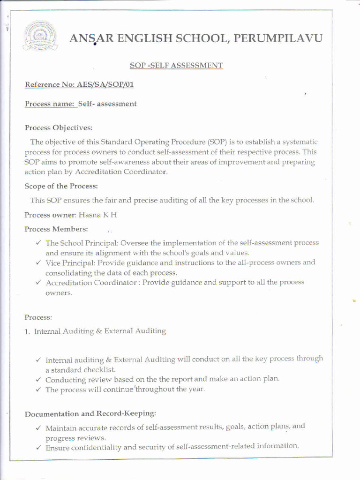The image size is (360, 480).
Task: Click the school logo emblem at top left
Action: click(40, 36)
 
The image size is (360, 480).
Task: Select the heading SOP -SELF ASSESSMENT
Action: click(176, 66)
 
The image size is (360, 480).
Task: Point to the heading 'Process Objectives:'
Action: click(59, 127)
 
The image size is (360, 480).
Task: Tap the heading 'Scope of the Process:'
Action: click(61, 186)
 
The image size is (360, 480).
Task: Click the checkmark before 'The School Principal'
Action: click(38, 243)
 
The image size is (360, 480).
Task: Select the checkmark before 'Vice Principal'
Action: click(38, 262)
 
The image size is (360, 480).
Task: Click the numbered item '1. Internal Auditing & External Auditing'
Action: click(96, 331)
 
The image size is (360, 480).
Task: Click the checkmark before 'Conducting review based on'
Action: click(38, 379)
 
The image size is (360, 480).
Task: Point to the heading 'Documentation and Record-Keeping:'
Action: click(90, 414)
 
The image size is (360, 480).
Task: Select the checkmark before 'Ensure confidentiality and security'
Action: click(38, 448)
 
